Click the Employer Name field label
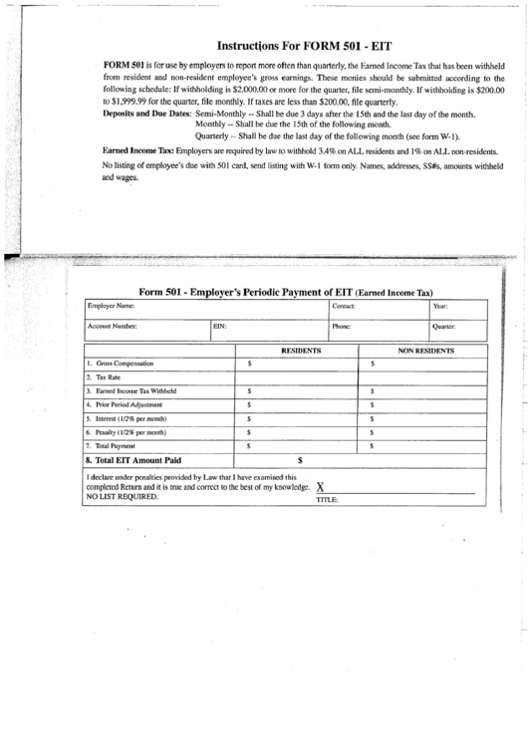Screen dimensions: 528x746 [111, 306]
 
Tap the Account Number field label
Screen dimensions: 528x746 [112, 326]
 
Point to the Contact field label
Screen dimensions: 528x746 [344, 306]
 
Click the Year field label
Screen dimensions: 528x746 [440, 306]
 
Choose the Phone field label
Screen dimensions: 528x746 [342, 326]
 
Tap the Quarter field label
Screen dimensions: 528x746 [444, 326]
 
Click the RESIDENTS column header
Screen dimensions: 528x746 [301, 352]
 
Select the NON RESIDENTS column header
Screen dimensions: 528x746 [426, 352]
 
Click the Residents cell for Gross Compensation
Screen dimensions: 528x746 [296, 365]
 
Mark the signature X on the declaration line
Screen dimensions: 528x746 [320, 487]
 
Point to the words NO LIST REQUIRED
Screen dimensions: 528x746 [123, 496]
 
